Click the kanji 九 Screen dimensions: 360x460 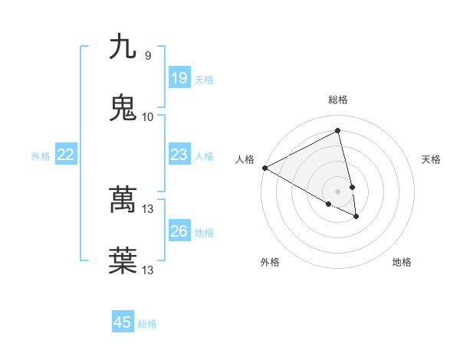pyautogui.click(x=123, y=47)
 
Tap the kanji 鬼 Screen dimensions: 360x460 pyautogui.click(x=123, y=108)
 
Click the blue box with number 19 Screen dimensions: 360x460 pyautogui.click(x=179, y=78)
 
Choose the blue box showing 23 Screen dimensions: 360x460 pyautogui.click(x=179, y=155)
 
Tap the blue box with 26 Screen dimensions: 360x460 pyautogui.click(x=179, y=231)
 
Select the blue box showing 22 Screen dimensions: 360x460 pyautogui.click(x=66, y=155)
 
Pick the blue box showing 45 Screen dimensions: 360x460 pyautogui.click(x=123, y=322)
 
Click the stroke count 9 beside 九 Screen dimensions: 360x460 pyautogui.click(x=148, y=56)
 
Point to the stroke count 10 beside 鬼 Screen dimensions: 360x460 pyautogui.click(x=148, y=116)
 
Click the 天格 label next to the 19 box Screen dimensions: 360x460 pyautogui.click(x=204, y=80)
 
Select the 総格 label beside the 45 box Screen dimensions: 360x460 pyautogui.click(x=147, y=324)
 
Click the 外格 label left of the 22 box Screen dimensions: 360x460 pyautogui.click(x=41, y=156)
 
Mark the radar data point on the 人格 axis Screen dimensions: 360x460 pyautogui.click(x=264, y=168)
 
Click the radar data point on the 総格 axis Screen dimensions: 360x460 pyautogui.click(x=338, y=131)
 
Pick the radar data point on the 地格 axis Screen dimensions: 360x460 pyautogui.click(x=356, y=217)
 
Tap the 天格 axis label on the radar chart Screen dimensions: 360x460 pyautogui.click(x=432, y=159)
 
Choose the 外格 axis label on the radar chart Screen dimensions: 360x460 pyautogui.click(x=270, y=263)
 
